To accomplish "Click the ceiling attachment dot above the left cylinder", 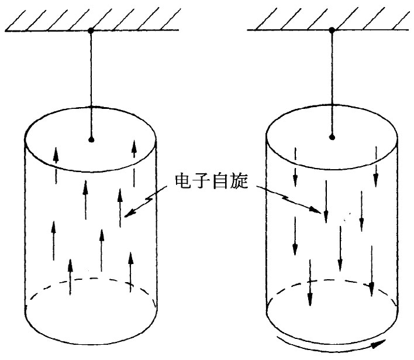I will click(91, 30).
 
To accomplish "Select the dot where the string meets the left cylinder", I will click(91, 139).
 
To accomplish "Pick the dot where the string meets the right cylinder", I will click(332, 138).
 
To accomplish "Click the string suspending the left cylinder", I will click(91, 82).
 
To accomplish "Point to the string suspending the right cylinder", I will click(332, 82).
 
